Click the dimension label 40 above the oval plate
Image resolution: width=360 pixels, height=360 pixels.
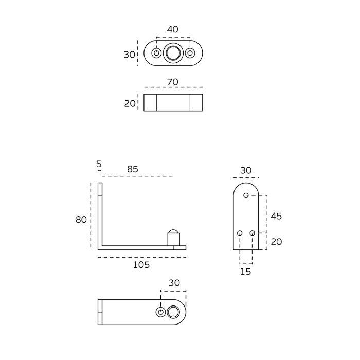[172, 29]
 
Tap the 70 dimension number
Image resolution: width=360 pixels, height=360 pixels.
[173, 82]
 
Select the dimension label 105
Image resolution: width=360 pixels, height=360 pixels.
[141, 265]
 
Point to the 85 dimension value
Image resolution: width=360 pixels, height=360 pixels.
[133, 169]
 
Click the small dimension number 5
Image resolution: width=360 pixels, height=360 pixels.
[99, 164]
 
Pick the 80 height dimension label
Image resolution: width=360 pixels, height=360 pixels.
[81, 220]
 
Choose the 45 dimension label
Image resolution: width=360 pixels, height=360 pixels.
[276, 216]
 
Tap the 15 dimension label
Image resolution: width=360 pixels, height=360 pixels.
[246, 272]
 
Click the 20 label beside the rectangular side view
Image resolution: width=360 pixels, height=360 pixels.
[130, 104]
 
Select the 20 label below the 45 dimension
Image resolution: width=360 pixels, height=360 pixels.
[276, 242]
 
